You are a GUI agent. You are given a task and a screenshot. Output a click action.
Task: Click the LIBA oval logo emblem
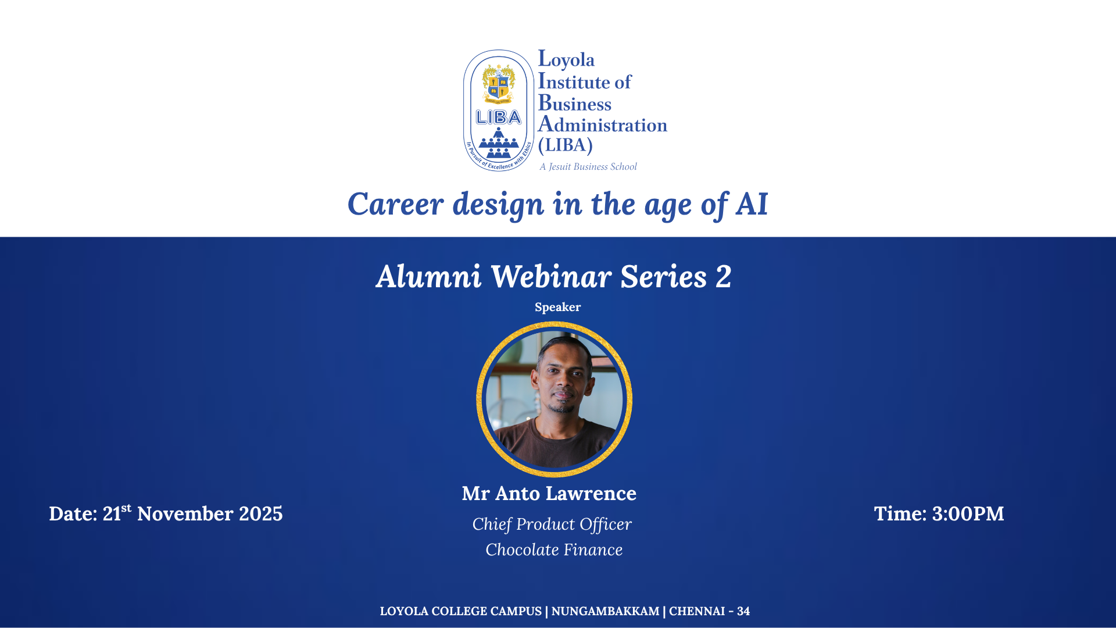(498, 110)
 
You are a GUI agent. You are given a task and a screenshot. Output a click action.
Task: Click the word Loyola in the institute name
(566, 59)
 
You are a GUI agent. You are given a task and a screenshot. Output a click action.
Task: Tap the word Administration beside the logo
(602, 124)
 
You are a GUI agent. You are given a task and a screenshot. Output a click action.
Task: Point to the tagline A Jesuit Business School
(588, 167)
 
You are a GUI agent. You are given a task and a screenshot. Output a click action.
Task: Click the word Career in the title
(396, 204)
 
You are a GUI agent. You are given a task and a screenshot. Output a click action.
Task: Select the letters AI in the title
(752, 204)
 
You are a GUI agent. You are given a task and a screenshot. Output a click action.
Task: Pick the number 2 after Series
(724, 276)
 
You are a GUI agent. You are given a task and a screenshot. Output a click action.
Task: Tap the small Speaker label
(557, 307)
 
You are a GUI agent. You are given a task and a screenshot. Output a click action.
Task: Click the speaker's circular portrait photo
(555, 399)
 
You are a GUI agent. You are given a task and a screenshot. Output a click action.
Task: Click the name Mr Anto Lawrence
(549, 493)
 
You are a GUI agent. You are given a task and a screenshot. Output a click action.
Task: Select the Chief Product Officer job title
(552, 524)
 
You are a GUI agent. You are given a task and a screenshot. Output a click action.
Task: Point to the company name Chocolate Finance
(554, 549)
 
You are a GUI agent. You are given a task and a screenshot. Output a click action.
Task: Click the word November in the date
(185, 513)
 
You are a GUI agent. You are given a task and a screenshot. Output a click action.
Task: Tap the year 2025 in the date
(261, 513)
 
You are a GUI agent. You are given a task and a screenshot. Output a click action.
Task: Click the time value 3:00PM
(968, 513)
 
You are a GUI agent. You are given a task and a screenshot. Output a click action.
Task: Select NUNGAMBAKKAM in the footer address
(605, 611)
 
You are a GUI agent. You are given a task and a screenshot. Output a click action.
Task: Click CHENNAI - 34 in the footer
(709, 611)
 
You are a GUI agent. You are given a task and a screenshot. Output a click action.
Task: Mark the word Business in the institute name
(574, 103)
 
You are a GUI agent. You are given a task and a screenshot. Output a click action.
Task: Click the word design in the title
(498, 205)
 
